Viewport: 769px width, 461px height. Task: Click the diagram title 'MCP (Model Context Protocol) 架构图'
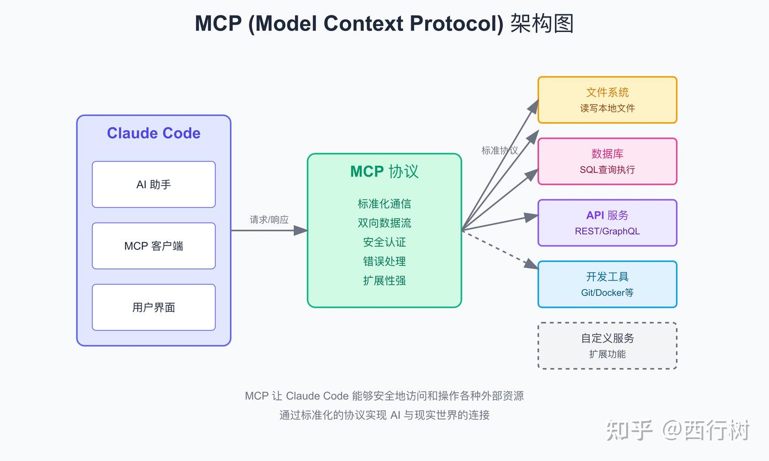(x=384, y=24)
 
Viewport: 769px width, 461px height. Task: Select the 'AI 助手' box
(x=154, y=185)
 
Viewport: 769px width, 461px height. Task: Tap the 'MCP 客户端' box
(x=154, y=246)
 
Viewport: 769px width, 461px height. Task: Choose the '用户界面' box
(x=154, y=307)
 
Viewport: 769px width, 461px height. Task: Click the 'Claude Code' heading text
(x=154, y=133)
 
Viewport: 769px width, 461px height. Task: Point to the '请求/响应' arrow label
(x=269, y=220)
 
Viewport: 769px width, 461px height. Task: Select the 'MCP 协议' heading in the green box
(x=384, y=171)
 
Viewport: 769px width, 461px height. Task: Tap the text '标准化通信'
(x=384, y=204)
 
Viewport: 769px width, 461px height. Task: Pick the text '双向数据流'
(x=384, y=223)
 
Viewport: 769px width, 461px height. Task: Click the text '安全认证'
(x=384, y=242)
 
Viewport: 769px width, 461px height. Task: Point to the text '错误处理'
(x=384, y=261)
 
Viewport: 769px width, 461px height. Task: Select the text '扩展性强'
(x=384, y=281)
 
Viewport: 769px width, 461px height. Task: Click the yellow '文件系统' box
(x=607, y=100)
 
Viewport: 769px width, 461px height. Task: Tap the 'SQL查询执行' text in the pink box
(x=607, y=170)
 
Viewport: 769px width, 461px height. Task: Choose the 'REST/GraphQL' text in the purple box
(x=607, y=231)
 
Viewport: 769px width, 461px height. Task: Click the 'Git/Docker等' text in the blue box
(x=607, y=292)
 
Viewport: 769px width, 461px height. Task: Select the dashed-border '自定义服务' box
(x=607, y=345)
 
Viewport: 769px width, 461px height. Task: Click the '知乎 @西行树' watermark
(x=678, y=430)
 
